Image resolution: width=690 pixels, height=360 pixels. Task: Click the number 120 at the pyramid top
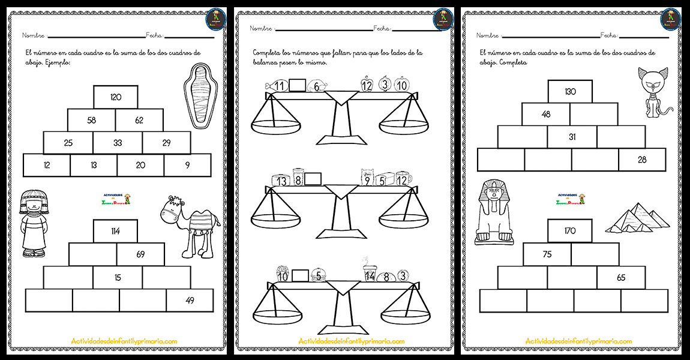pyautogui.click(x=116, y=97)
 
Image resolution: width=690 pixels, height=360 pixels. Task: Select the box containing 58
pyautogui.click(x=91, y=120)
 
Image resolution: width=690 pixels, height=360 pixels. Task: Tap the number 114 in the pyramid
pyautogui.click(x=116, y=231)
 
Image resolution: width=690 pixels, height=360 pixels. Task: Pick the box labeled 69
pyautogui.click(x=140, y=254)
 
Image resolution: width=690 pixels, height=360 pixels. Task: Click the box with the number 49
pyautogui.click(x=190, y=301)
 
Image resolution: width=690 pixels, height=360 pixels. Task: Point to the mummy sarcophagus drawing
pyautogui.click(x=203, y=95)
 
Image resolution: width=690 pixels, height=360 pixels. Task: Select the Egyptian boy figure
pyautogui.click(x=34, y=223)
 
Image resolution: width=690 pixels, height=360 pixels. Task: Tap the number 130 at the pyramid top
pyautogui.click(x=570, y=91)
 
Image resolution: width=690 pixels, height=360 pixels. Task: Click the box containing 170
pyautogui.click(x=570, y=230)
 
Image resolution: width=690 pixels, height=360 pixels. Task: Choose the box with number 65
pyautogui.click(x=620, y=277)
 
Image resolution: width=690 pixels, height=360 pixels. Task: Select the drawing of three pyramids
pyautogui.click(x=637, y=218)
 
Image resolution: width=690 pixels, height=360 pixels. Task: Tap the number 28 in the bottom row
pyautogui.click(x=642, y=160)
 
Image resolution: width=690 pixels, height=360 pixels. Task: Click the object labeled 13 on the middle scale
pyautogui.click(x=280, y=180)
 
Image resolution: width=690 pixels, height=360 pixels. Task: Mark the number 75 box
pyautogui.click(x=547, y=254)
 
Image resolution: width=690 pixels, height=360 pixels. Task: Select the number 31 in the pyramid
pyautogui.click(x=572, y=137)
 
